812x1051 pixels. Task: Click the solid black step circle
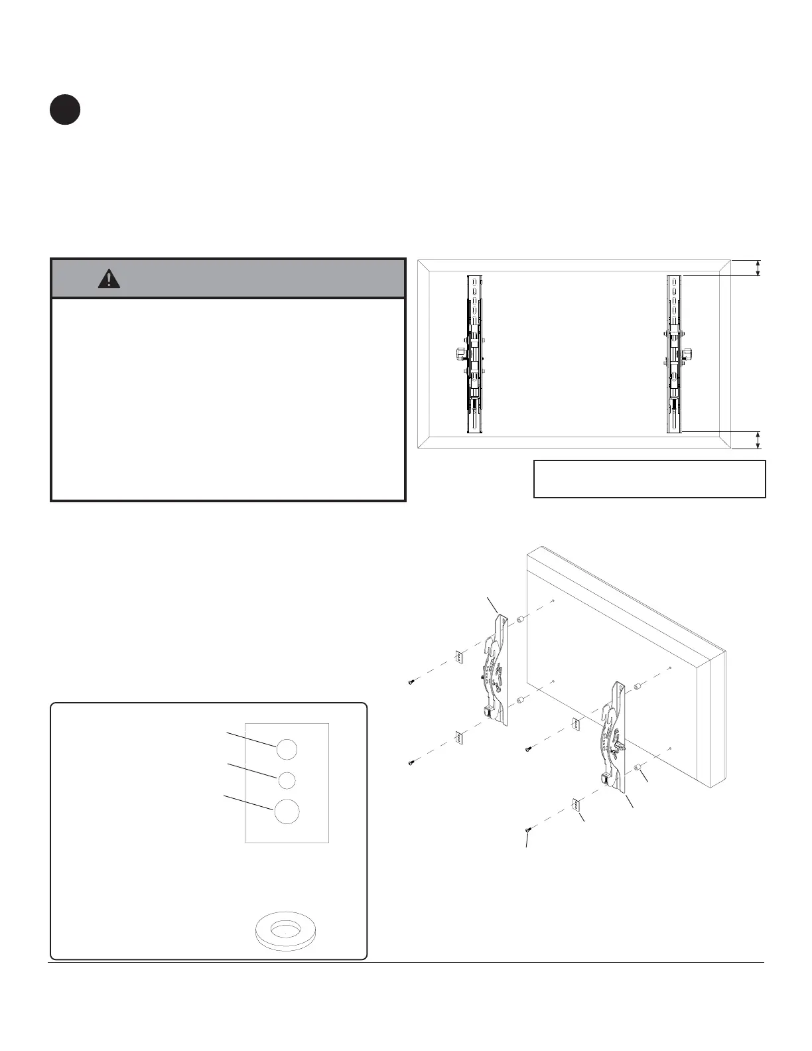coord(64,110)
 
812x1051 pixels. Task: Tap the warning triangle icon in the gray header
coord(109,279)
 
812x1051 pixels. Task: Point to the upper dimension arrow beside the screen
coord(759,267)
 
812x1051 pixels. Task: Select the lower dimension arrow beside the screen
coord(759,439)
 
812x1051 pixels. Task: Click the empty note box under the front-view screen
coord(649,478)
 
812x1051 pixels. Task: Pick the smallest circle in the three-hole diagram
coord(287,780)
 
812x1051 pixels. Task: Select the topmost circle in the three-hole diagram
coord(287,750)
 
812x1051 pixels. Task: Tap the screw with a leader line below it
coord(527,829)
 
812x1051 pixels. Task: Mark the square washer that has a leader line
coord(576,806)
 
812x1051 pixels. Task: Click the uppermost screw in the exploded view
coord(411,682)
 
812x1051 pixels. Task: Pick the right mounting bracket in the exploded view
coord(614,736)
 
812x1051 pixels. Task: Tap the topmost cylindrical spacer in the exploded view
coord(521,620)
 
